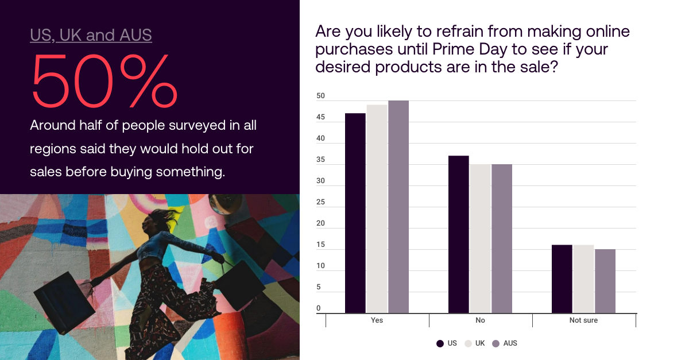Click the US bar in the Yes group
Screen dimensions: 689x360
click(355, 213)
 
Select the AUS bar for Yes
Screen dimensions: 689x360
click(398, 207)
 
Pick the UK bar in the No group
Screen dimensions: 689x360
click(480, 238)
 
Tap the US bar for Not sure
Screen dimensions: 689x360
click(562, 279)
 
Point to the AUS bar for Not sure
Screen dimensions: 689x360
click(605, 281)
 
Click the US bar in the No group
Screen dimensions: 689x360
click(459, 234)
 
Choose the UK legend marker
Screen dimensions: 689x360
click(468, 343)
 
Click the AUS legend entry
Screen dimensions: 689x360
click(505, 343)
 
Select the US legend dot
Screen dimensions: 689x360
click(440, 343)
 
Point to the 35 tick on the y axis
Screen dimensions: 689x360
click(320, 160)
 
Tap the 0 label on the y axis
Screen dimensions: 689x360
click(318, 308)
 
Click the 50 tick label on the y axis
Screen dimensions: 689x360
click(320, 96)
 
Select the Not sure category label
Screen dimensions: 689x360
click(583, 320)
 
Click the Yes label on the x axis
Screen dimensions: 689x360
click(377, 320)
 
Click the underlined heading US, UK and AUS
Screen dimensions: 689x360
click(91, 35)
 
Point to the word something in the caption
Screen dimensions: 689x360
click(191, 172)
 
